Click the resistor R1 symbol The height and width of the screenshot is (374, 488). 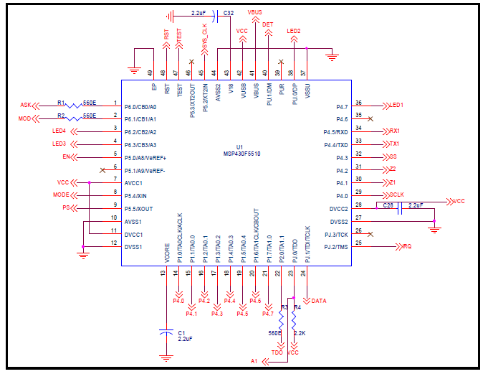[x=74, y=106]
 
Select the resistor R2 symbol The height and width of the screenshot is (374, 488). [x=74, y=118]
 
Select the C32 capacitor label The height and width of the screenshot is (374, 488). [x=228, y=13]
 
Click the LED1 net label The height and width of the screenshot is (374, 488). [x=396, y=106]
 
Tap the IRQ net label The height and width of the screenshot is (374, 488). [x=406, y=247]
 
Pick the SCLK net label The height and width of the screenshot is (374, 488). [x=398, y=195]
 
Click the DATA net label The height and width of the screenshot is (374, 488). [x=319, y=301]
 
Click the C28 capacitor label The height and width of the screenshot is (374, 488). [x=388, y=205]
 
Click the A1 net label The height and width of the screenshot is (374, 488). [x=254, y=360]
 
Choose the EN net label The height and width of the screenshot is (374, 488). [x=67, y=157]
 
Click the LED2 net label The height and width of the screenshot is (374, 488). [x=294, y=31]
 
